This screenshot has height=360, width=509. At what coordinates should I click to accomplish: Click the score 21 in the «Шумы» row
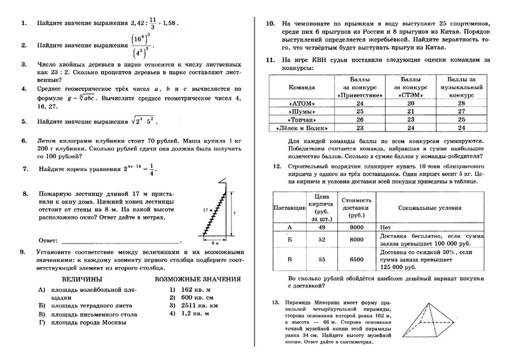(410, 110)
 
